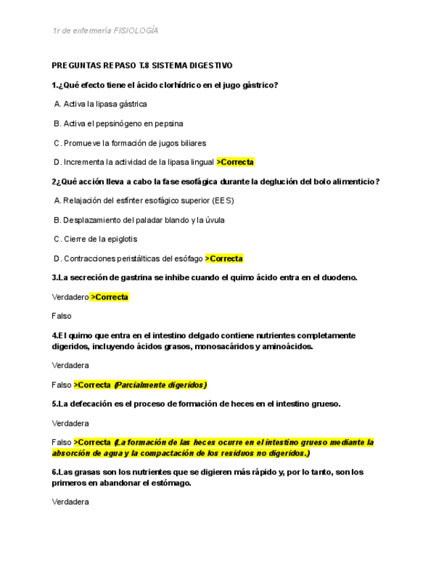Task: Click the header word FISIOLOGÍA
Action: pos(136,31)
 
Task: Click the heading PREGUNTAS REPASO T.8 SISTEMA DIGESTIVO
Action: pos(142,66)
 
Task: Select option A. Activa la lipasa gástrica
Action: pos(100,104)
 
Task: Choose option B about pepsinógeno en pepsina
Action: pos(118,123)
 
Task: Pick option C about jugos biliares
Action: pos(129,143)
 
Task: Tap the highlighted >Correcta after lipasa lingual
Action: pos(235,162)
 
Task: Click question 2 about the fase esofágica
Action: pos(216,182)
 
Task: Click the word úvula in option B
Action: pos(214,220)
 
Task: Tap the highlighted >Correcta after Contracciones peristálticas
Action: pos(224,258)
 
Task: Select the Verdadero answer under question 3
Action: pos(70,297)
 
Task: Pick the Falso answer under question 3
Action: pos(61,316)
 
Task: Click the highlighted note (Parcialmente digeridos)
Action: pos(160,384)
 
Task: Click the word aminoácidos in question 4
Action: pos(284,346)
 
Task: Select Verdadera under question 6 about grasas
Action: pos(70,502)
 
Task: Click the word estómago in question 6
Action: pos(172,483)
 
